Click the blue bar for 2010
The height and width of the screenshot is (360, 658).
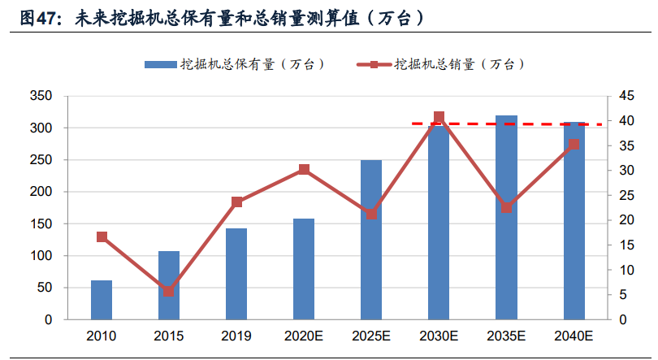(102, 300)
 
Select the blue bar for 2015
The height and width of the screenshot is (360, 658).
(169, 285)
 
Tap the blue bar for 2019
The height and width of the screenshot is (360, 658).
(236, 274)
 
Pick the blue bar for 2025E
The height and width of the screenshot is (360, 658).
(371, 240)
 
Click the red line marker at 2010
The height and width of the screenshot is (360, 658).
(102, 237)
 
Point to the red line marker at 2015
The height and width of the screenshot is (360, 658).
(169, 291)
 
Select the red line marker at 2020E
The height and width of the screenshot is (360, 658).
(304, 170)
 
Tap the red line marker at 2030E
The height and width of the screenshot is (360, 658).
(439, 117)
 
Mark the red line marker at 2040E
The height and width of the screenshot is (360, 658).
(574, 145)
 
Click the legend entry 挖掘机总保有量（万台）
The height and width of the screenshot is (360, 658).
(236, 64)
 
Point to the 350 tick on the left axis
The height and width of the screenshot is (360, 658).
(41, 97)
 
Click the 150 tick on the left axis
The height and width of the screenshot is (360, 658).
(41, 224)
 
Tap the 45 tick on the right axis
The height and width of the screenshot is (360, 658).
(626, 97)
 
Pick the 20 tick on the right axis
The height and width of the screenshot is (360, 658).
(626, 220)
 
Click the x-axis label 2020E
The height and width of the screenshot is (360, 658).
(304, 336)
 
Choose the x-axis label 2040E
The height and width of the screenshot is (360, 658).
(574, 336)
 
